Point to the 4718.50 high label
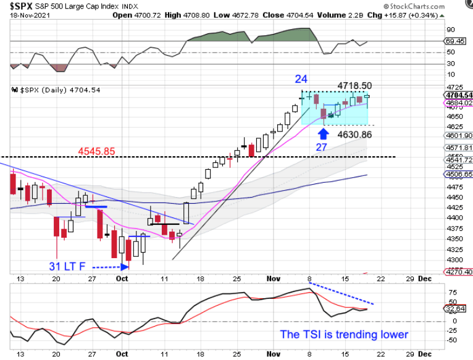tap(354, 85)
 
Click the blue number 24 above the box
tap(301, 79)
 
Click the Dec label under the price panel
tap(425, 278)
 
